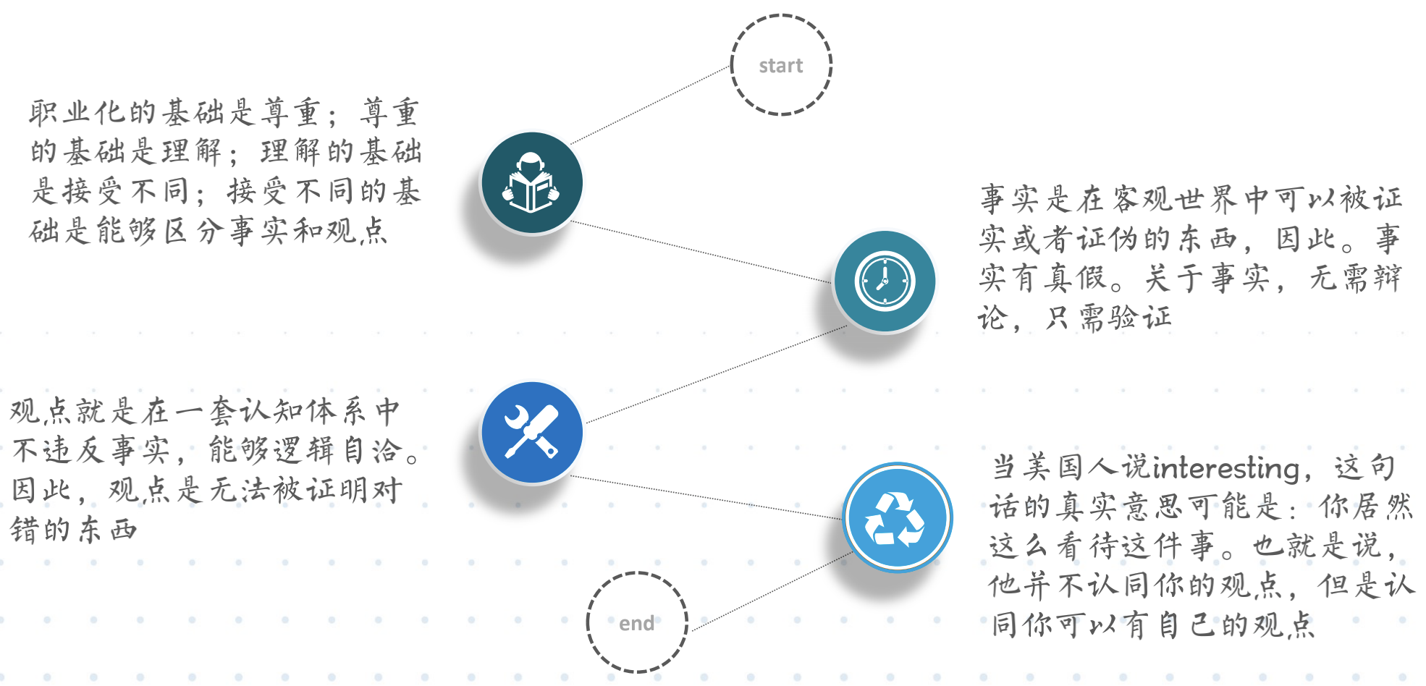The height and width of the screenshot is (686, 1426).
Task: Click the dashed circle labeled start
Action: pos(781,65)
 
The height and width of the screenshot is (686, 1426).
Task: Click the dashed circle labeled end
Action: pos(636,623)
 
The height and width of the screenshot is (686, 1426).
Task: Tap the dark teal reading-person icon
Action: pos(532,183)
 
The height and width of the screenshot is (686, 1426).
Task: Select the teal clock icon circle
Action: pos(885,281)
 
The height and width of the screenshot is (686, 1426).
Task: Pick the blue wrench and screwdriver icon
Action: pos(532,432)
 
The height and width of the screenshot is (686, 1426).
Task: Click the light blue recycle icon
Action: pos(897,518)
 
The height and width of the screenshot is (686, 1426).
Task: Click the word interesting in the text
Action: pos(1226,469)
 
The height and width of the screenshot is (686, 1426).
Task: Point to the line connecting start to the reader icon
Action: pos(649,105)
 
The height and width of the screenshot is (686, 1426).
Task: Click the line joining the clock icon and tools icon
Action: pos(717,374)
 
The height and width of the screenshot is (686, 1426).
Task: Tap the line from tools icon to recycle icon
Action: pos(706,497)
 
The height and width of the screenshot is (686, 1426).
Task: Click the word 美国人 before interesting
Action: pos(1057,468)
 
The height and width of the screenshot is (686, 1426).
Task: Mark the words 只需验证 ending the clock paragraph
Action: pos(1108,318)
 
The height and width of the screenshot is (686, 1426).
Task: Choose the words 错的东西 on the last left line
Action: pos(74,530)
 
